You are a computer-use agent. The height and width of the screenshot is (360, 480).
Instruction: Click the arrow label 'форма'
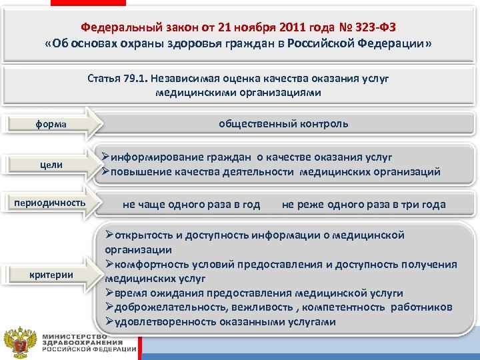51,125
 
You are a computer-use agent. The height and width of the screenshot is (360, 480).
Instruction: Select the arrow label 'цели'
51,165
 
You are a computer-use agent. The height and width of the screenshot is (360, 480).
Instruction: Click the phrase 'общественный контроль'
283,124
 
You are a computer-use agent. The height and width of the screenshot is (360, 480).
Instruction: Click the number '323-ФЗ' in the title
378,27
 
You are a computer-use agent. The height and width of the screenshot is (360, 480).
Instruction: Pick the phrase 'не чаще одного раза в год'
191,205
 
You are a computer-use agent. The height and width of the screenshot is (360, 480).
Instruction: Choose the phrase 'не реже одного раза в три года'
363,205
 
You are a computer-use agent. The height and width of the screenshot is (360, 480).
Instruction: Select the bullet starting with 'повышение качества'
270,172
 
